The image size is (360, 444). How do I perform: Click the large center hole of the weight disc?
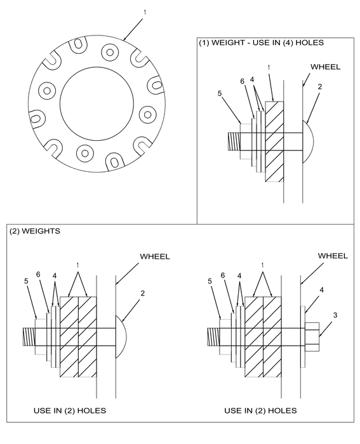point(97,101)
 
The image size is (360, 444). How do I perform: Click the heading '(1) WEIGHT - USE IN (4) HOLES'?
point(262,43)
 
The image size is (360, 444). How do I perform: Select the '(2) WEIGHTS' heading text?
point(35,232)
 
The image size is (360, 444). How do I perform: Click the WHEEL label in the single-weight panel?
point(324,66)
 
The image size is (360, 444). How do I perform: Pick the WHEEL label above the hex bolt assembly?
point(332,256)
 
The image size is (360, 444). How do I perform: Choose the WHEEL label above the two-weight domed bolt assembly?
point(155,256)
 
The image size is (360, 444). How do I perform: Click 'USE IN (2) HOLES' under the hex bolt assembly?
point(260,410)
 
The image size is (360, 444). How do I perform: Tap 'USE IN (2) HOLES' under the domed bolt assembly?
point(70,410)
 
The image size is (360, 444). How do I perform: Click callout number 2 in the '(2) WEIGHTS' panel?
point(143,293)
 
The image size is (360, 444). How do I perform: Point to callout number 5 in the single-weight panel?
point(219,93)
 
